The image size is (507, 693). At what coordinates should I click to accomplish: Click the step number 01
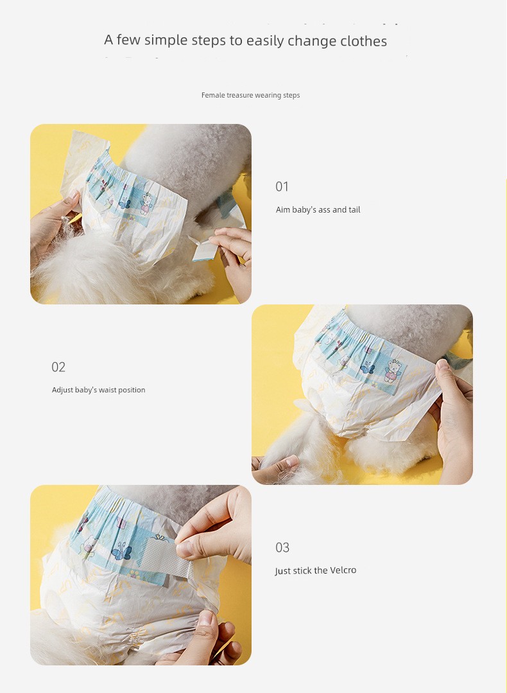pos(282,186)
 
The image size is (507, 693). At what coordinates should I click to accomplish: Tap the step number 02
pos(58,367)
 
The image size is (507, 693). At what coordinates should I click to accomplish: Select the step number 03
pos(282,548)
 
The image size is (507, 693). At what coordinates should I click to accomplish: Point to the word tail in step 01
pos(354,209)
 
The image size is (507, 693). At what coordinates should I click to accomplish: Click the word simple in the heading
pos(166,40)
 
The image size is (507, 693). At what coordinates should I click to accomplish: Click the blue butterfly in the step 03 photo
pos(123,552)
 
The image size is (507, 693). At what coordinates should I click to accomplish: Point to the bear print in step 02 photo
pos(391,371)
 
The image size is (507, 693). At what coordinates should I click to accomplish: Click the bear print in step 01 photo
pos(146,204)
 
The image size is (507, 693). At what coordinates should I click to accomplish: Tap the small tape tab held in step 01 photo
pos(203,249)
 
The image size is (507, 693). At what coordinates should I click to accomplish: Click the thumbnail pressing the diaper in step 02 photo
pos(442,365)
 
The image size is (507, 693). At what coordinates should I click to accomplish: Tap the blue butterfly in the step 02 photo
pos(368,367)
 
